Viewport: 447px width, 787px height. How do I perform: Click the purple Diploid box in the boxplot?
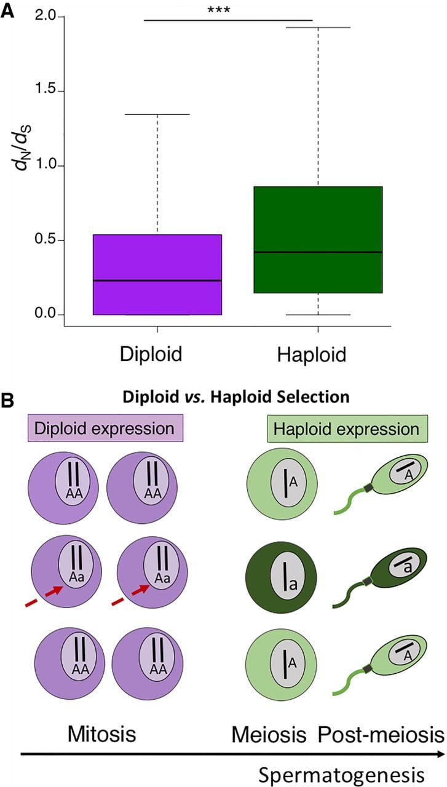(157, 274)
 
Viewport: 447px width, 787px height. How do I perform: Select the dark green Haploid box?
(318, 240)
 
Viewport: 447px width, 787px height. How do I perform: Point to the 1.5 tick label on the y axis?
(45, 89)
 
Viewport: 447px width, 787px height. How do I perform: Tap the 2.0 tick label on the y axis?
(45, 16)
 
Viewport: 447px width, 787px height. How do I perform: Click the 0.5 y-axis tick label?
(45, 239)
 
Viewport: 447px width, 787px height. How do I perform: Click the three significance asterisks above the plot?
(219, 10)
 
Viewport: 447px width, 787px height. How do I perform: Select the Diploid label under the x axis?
(151, 354)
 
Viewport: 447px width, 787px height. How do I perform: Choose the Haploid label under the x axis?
(312, 354)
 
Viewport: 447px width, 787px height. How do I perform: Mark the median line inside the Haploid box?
(318, 252)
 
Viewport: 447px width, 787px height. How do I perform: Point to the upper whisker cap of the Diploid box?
(157, 114)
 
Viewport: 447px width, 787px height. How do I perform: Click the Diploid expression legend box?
(105, 429)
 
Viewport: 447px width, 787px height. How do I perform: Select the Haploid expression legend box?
(347, 429)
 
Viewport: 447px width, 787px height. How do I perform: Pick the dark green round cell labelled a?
(281, 577)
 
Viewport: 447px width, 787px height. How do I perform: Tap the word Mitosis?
(101, 734)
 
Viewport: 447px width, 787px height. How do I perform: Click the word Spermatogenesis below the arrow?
(341, 774)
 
